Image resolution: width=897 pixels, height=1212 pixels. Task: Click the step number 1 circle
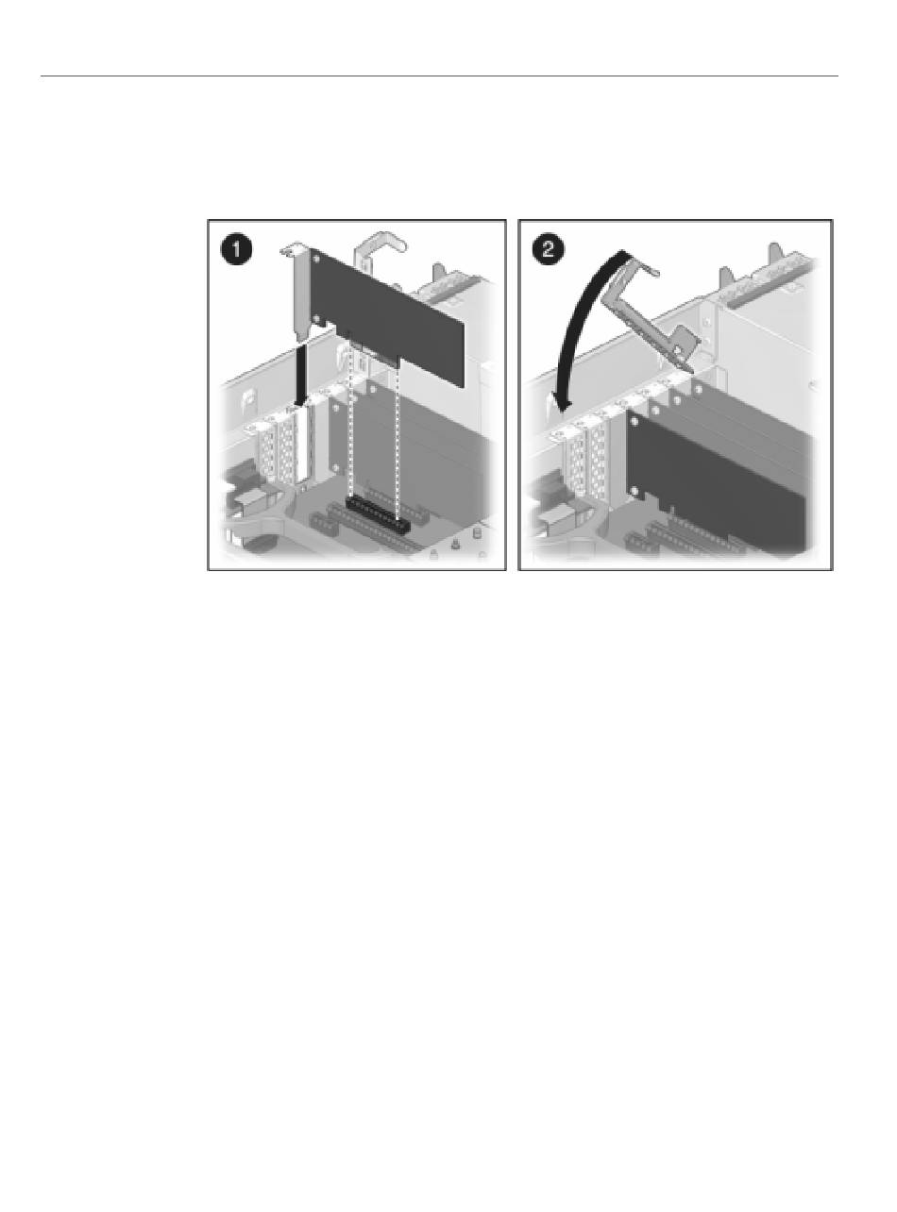237,250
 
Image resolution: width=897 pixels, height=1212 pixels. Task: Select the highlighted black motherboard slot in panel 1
378,516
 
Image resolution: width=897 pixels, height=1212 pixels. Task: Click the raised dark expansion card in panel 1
387,316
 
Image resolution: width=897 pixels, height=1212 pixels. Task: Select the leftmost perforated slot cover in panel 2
576,462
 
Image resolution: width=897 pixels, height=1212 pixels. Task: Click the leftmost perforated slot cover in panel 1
266,453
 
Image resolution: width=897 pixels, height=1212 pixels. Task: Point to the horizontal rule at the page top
439,76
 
